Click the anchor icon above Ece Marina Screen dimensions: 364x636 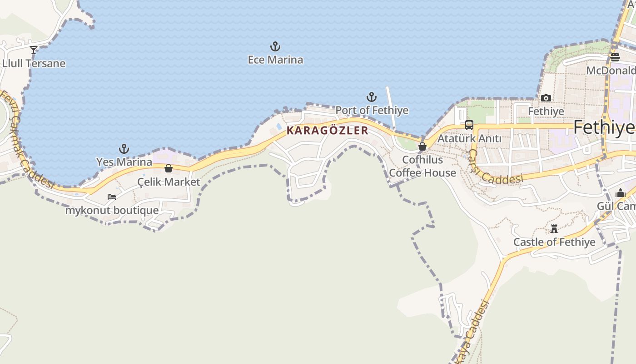click(275, 46)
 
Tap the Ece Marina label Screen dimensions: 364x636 click(275, 60)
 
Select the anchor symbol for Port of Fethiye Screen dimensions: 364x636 click(372, 97)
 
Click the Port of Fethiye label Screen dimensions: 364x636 click(372, 110)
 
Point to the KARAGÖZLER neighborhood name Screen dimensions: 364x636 click(327, 131)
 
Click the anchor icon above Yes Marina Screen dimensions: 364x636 click(124, 149)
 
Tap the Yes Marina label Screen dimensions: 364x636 click(124, 162)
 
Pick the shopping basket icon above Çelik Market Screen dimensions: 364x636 click(169, 168)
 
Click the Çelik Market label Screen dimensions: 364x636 click(169, 182)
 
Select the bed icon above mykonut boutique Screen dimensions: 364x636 click(112, 197)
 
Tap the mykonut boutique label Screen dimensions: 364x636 click(112, 210)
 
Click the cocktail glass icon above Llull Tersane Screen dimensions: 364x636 click(34, 50)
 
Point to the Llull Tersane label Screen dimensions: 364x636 click(34, 63)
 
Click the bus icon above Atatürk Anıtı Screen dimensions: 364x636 click(469, 125)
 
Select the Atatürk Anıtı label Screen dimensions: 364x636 click(469, 138)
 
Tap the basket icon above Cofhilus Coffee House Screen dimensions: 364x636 click(422, 147)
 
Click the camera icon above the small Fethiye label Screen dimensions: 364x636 click(546, 98)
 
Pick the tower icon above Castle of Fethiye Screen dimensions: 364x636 click(554, 229)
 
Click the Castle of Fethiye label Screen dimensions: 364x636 click(554, 242)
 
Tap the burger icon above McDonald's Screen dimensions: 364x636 click(615, 57)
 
